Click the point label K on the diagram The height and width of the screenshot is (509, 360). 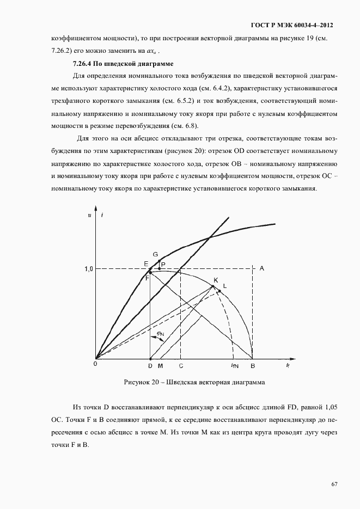tap(216, 280)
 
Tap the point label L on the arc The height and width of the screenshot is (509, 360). tap(225, 285)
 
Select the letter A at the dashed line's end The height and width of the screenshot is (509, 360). tap(262, 268)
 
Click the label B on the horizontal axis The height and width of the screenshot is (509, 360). tap(252, 365)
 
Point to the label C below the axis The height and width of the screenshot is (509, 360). tap(181, 365)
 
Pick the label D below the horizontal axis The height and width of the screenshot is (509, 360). tap(151, 365)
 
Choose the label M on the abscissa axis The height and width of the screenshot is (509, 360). tap(160, 365)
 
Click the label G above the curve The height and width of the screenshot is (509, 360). tap(155, 255)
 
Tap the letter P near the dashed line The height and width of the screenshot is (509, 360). tap(163, 264)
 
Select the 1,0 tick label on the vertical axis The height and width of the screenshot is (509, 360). tap(88, 269)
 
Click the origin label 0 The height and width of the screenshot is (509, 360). tap(95, 364)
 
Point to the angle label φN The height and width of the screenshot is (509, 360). tap(160, 333)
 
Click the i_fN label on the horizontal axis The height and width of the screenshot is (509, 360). tap(234, 365)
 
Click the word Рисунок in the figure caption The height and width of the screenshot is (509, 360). tap(138, 383)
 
